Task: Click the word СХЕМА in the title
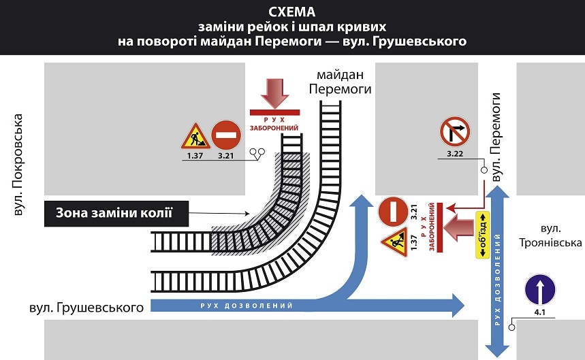click(x=291, y=12)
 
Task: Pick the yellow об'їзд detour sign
click(x=481, y=234)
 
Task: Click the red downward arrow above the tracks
click(x=275, y=93)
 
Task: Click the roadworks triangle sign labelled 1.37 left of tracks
click(x=194, y=136)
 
